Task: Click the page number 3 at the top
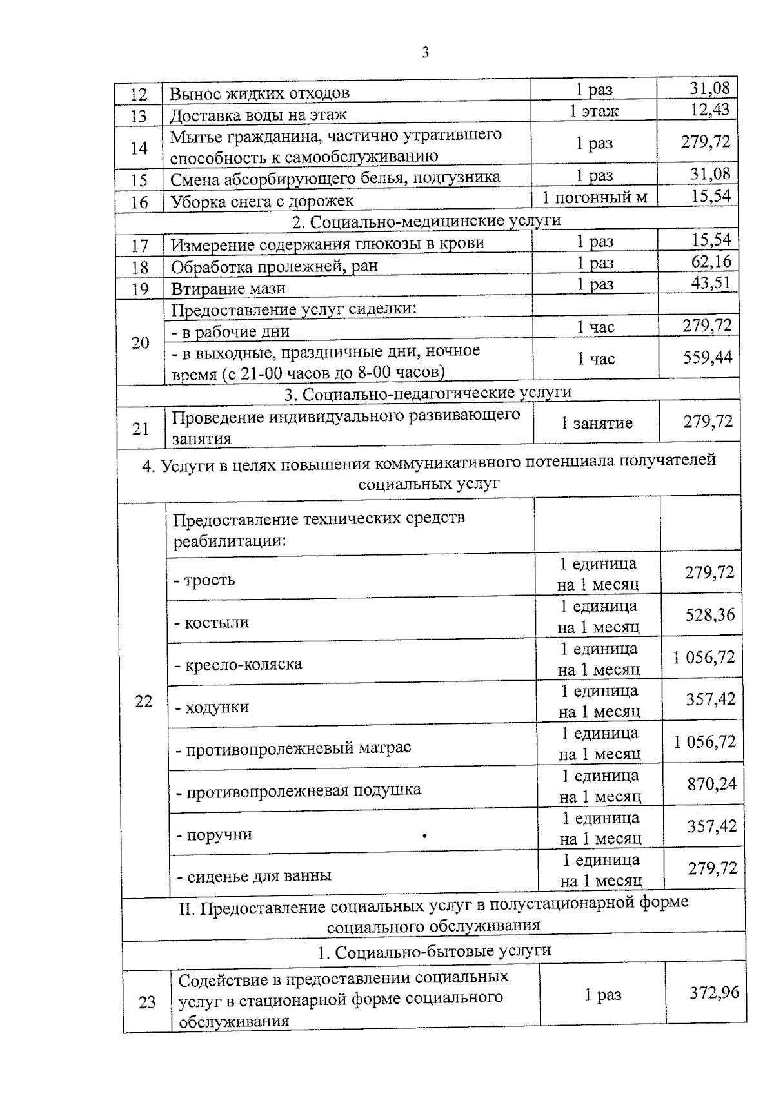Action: [x=424, y=53]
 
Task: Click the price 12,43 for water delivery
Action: [x=709, y=110]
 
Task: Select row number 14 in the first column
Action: [x=139, y=148]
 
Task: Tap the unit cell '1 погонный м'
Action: [x=594, y=197]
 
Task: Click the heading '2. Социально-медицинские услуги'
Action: [x=426, y=220]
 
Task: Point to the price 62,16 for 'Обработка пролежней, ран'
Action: [x=711, y=262]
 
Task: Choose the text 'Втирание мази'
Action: [x=228, y=288]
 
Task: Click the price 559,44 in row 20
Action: [x=708, y=357]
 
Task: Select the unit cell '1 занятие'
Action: [x=597, y=423]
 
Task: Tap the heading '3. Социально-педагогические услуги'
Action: [x=428, y=393]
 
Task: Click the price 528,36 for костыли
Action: [x=709, y=615]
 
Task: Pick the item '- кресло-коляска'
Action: [x=239, y=664]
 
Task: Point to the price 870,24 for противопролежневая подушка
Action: [x=711, y=784]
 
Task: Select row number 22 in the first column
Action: [x=143, y=701]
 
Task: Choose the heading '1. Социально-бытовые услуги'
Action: [x=434, y=952]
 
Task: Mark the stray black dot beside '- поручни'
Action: [x=424, y=836]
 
